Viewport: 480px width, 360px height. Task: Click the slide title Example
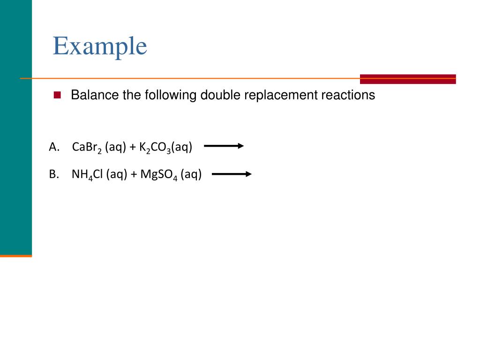(x=100, y=46)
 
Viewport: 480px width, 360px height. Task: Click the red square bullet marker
(x=58, y=95)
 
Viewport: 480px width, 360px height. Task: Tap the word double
(x=219, y=95)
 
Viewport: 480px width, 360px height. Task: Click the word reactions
(x=348, y=95)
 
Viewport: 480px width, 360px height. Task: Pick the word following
(x=171, y=95)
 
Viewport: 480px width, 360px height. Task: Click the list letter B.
(x=53, y=175)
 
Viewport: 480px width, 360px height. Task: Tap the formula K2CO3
(x=155, y=148)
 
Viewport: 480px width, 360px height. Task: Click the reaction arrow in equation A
(x=224, y=146)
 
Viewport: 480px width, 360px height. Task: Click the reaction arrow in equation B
(x=232, y=174)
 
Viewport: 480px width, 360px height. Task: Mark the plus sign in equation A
(x=133, y=147)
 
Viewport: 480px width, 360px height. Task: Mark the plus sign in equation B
(x=134, y=175)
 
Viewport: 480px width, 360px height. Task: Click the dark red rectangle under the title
(x=408, y=79)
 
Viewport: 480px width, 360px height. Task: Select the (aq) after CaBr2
(x=116, y=147)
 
